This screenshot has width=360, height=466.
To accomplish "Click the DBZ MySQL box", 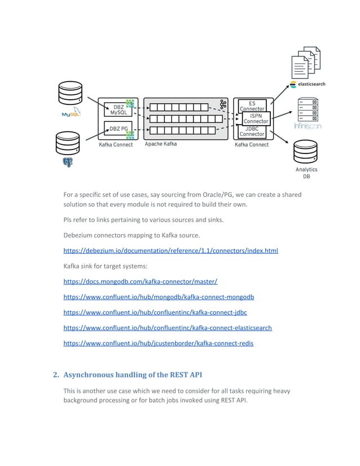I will [x=118, y=109].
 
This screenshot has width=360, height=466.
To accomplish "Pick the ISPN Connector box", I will [x=256, y=118].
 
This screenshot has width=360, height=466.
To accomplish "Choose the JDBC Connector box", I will [x=252, y=131].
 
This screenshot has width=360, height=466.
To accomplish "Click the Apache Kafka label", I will [x=161, y=144].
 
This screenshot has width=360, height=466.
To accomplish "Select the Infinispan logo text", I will [x=308, y=127].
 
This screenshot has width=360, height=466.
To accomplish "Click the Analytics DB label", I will [x=306, y=173].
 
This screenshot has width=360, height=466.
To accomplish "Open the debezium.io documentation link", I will [x=170, y=250].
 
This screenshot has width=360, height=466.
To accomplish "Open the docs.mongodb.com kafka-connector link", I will [x=140, y=281].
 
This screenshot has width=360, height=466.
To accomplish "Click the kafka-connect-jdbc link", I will [x=155, y=312].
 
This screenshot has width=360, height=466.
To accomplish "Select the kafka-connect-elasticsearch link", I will [x=168, y=327].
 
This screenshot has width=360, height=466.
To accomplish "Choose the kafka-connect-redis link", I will [x=158, y=342].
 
